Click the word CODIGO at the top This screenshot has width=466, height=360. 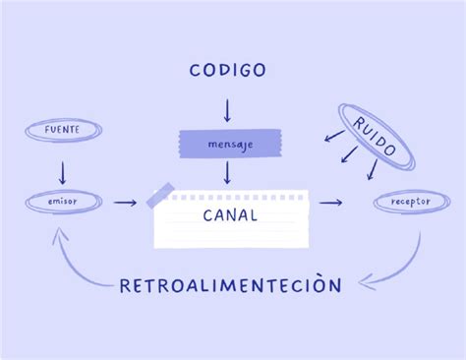coord(227,70)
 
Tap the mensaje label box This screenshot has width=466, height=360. coord(228,145)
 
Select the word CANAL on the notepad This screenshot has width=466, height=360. coord(230,215)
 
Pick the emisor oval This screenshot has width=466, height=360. coord(62,202)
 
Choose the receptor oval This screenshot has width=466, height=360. coord(410,203)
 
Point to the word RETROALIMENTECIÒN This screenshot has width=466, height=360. coord(230,285)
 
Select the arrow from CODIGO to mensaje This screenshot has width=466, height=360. coord(227,108)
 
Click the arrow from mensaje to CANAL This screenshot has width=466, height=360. coord(227,173)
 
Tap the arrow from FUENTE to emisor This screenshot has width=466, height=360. coord(62,172)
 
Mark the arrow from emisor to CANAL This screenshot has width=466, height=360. coord(125,203)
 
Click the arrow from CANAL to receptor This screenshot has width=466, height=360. coord(330,203)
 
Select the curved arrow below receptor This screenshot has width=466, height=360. coord(398,266)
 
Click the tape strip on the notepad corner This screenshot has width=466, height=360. coord(160,196)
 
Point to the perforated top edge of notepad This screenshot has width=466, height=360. coord(236,197)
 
